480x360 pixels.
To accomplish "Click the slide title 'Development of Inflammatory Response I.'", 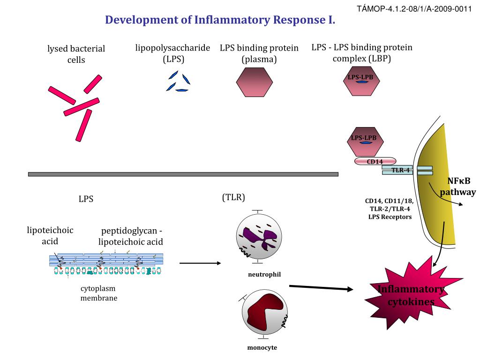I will point(220,20).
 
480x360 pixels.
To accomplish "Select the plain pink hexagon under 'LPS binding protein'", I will point(254,82).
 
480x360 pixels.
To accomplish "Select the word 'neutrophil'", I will point(264,274).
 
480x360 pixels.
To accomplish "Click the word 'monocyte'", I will point(262,348).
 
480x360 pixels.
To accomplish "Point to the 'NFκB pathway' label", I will point(457,187).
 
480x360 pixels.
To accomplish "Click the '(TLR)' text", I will point(233,197).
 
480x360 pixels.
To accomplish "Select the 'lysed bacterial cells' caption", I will point(76,54).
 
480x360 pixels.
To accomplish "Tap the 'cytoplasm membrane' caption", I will point(98,293).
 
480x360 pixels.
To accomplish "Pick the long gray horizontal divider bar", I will point(183,174).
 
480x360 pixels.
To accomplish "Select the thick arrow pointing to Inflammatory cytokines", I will point(321,288).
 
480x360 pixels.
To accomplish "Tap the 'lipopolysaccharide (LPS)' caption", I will point(172,53).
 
